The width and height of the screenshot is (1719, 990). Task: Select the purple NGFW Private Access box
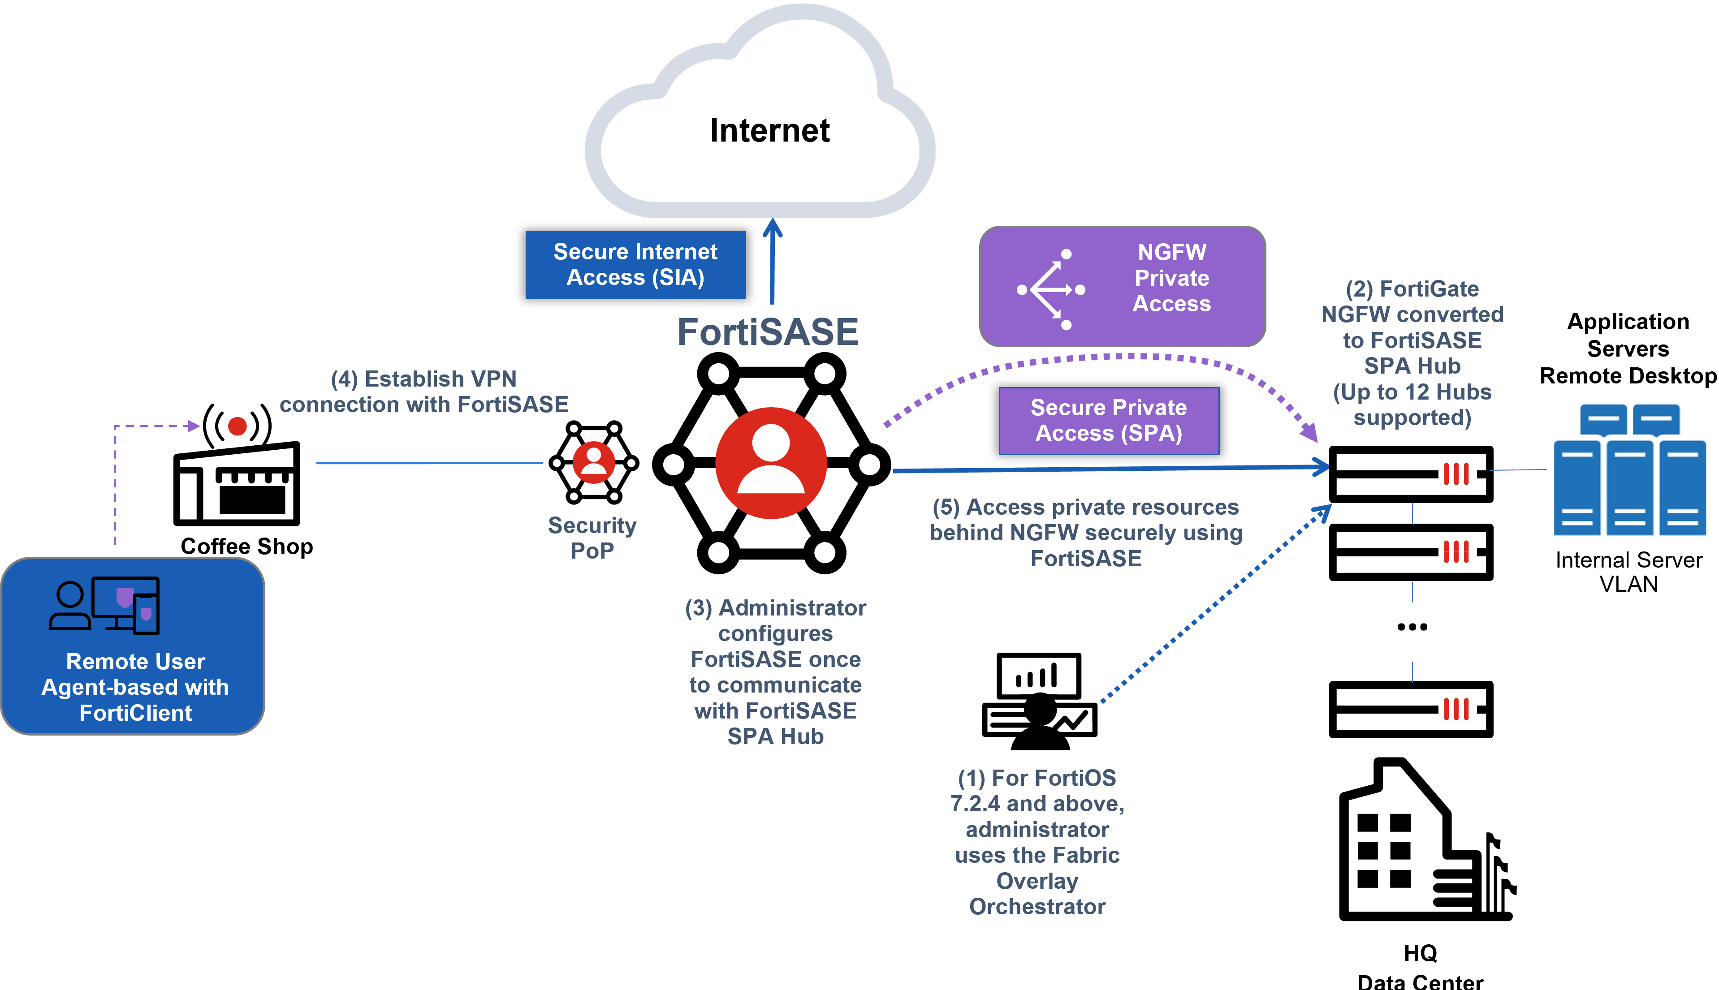[1122, 286]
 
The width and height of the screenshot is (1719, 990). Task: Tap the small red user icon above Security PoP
[594, 462]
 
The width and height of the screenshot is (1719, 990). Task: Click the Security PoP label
[592, 537]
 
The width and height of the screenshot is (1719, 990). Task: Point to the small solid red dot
[238, 426]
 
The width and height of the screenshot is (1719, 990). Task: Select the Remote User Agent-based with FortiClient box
[133, 646]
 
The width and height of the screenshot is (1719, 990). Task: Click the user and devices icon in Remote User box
[105, 605]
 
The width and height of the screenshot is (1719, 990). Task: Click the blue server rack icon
[1629, 470]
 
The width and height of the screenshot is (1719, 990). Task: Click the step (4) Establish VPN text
[423, 391]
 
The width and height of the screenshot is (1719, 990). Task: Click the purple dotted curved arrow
[1101, 357]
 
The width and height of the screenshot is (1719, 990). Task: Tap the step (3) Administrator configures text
[775, 671]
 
